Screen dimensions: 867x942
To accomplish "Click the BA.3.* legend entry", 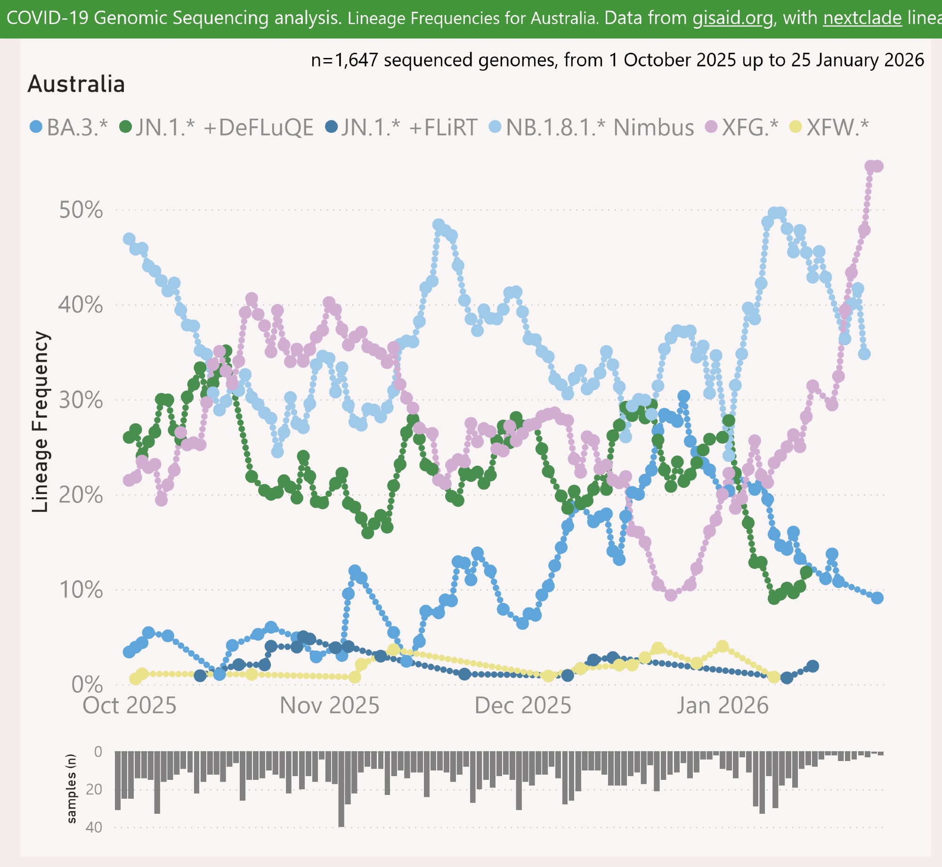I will coord(69,127).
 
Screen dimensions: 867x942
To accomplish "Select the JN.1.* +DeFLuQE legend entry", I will coord(216,127).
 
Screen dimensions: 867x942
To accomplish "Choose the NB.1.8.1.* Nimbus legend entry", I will coord(592,127).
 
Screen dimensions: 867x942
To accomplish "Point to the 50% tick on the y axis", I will coord(81,210).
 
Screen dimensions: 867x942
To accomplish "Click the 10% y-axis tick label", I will coord(81,590).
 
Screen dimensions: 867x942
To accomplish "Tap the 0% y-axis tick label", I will coord(87,685).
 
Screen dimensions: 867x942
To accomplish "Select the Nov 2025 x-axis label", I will coord(329,706).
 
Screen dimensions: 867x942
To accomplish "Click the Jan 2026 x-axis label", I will coord(723,706).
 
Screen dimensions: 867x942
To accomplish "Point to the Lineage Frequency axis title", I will coord(41,421).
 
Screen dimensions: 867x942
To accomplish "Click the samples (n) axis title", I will coord(71,789).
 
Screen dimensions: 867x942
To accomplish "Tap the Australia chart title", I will coord(76,84).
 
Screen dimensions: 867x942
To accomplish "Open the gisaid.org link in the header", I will coord(733,18).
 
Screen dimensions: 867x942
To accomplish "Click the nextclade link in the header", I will coord(862,18).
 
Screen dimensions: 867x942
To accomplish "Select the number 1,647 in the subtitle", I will coord(356,60).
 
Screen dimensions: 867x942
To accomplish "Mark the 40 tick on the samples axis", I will coord(94,827).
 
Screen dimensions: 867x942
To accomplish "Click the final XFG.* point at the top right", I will coord(877,166).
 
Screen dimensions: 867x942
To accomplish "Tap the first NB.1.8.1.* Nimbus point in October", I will coord(129,239).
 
